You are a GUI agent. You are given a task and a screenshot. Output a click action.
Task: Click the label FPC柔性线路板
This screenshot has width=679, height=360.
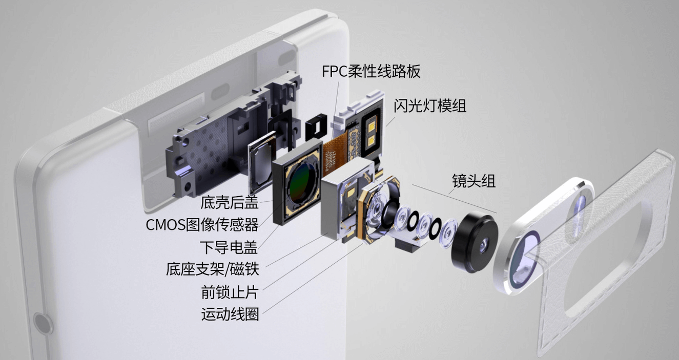pyautogui.click(x=371, y=71)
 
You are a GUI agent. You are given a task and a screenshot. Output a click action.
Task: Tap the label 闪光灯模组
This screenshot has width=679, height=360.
pyautogui.click(x=430, y=106)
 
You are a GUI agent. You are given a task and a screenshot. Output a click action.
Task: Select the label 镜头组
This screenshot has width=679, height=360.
pyautogui.click(x=474, y=181)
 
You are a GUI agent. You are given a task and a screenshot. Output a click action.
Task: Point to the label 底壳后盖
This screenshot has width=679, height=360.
pyautogui.click(x=230, y=202)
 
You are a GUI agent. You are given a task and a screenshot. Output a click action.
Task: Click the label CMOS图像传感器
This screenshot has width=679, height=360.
pyautogui.click(x=202, y=224)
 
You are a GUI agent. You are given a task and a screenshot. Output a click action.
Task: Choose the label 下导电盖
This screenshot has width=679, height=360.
pyautogui.click(x=229, y=247)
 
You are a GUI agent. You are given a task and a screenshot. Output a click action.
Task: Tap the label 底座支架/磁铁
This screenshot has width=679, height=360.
pyautogui.click(x=213, y=269)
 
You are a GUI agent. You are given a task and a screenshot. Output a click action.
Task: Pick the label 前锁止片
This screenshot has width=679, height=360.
pyautogui.click(x=230, y=292)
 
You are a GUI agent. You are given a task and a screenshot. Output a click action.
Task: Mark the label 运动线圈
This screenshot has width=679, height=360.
pyautogui.click(x=230, y=314)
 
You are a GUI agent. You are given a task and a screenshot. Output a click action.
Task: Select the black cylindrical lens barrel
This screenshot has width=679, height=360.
pyautogui.click(x=474, y=242)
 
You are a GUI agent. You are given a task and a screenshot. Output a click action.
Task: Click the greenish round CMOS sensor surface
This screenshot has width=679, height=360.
pyautogui.click(x=302, y=184)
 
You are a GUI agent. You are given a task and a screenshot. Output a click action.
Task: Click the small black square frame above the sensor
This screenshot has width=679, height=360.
pyautogui.click(x=316, y=126)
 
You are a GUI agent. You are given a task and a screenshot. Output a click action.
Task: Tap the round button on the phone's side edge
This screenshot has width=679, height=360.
pyautogui.click(x=42, y=324)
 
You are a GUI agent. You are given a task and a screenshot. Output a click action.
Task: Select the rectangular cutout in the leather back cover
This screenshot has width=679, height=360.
pyautogui.click(x=603, y=258)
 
